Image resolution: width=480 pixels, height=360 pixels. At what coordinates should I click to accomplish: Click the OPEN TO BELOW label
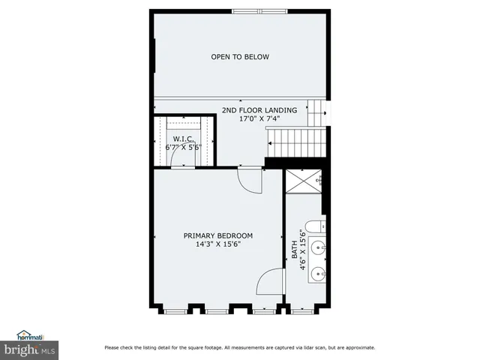coord(240,57)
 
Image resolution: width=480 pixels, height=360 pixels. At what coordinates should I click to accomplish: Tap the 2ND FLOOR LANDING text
coord(259,110)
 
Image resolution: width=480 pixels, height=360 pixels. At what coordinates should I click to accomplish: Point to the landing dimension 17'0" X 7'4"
coord(259,118)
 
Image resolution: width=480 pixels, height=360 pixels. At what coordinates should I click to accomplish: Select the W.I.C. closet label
coord(184,139)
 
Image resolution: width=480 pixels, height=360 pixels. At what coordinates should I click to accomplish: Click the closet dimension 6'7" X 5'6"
coord(184,148)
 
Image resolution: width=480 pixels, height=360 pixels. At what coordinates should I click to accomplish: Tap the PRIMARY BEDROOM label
coord(218,235)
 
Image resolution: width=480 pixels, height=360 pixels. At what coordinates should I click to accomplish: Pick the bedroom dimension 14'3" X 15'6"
coord(218,244)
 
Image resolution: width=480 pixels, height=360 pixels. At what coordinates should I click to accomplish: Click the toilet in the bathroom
coord(319,226)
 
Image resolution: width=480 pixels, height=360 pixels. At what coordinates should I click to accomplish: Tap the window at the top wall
coord(258,10)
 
